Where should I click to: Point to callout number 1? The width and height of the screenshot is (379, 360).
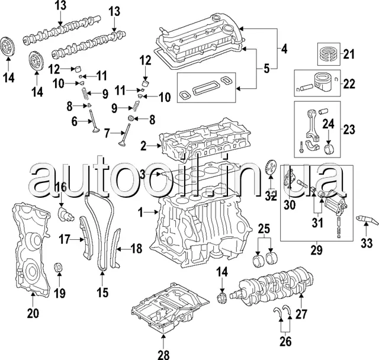point(141,211)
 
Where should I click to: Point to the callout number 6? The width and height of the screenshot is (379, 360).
point(75,121)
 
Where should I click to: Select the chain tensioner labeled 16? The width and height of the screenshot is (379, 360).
point(64,211)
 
